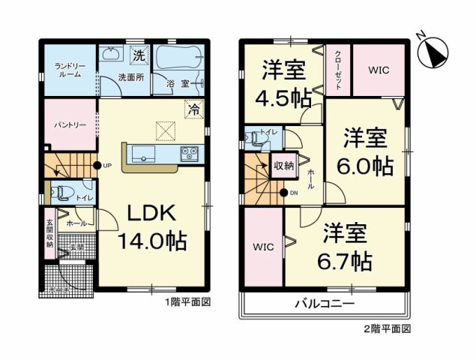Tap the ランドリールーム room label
click(x=69, y=70)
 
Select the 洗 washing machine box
click(x=139, y=55)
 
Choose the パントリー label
click(x=68, y=124)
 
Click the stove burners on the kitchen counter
click(x=188, y=154)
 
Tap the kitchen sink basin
click(x=143, y=154)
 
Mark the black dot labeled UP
click(x=97, y=165)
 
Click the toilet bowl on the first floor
click(x=62, y=192)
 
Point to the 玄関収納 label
click(x=49, y=232)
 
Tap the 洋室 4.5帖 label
click(x=283, y=86)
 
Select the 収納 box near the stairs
click(x=284, y=164)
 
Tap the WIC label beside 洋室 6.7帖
click(x=263, y=247)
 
